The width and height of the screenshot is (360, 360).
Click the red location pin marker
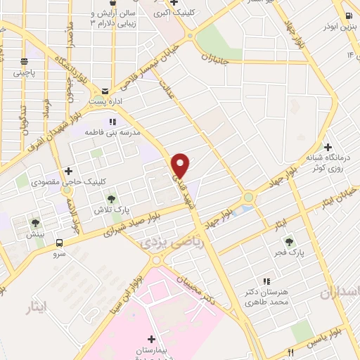point(181,165)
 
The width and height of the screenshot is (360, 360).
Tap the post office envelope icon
point(105,91)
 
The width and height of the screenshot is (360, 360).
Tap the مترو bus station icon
point(60,243)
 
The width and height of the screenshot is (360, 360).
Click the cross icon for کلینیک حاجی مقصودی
point(69,171)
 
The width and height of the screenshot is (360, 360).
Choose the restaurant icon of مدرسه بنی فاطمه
point(112,122)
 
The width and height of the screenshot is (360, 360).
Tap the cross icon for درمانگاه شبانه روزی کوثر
point(308,146)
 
